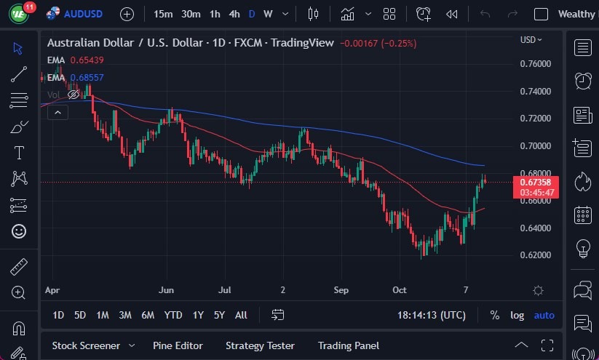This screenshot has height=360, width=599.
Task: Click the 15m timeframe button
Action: [164, 14]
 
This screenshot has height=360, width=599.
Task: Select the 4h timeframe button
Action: [234, 14]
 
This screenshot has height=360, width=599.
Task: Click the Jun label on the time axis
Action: [167, 289]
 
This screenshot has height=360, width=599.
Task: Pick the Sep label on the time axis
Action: [341, 289]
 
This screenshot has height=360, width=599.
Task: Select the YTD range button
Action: [172, 315]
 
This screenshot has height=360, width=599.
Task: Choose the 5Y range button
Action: [219, 315]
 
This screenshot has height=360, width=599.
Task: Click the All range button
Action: [241, 315]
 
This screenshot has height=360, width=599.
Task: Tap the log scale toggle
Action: [517, 315]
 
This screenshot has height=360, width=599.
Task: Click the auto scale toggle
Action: [544, 315]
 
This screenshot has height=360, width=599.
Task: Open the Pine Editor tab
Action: [178, 345]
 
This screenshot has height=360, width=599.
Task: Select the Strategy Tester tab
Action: [260, 345]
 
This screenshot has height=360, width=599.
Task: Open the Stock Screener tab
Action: [84, 345]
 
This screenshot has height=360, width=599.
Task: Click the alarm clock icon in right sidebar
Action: [582, 81]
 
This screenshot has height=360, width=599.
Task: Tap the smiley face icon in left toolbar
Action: [19, 231]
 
